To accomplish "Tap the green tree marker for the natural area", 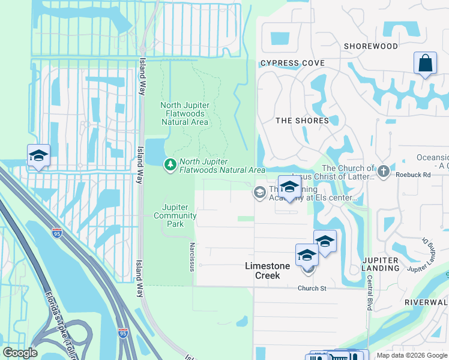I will [x=170, y=164].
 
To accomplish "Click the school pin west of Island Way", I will [x=38, y=156].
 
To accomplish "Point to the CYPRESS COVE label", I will [x=292, y=63].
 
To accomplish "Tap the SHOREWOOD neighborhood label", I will [x=370, y=46].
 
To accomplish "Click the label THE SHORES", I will [x=302, y=121].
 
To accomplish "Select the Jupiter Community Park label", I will [x=175, y=215].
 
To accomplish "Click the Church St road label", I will [x=312, y=288].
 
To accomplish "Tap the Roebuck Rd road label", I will [x=414, y=175].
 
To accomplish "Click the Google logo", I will [x=20, y=353].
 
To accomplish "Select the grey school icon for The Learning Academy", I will [x=260, y=192].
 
